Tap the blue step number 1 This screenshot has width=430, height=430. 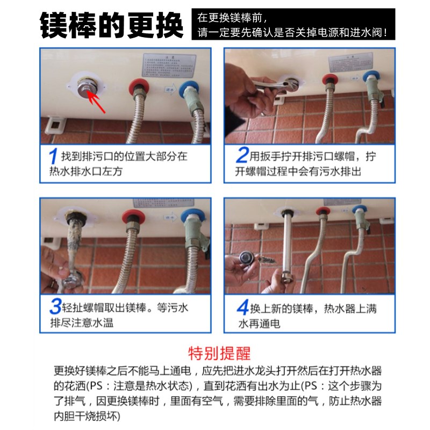click(53, 157)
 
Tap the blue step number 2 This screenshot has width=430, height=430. click(242, 156)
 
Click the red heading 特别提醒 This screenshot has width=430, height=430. click(219, 353)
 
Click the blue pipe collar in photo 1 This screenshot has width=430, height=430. click(189, 88)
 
